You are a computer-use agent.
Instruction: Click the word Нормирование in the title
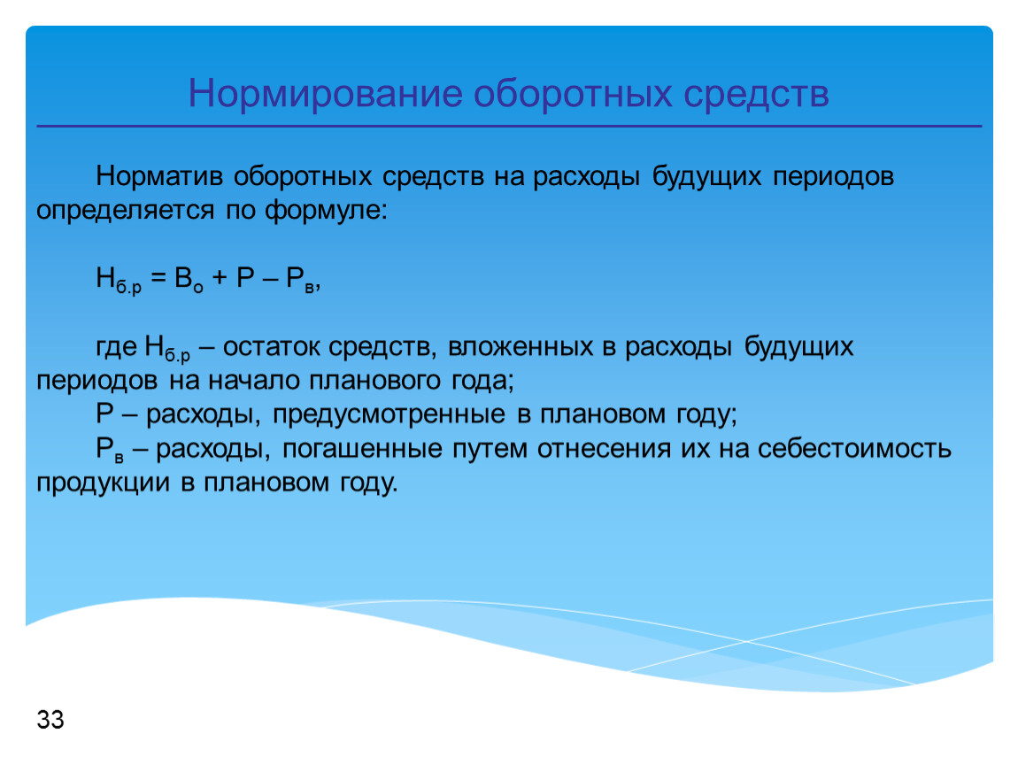(x=325, y=94)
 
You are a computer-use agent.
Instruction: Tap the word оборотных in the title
(x=572, y=94)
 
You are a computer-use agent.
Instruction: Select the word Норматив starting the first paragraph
(x=159, y=176)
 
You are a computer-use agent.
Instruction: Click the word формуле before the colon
(x=326, y=211)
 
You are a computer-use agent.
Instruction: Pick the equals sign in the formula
(x=158, y=278)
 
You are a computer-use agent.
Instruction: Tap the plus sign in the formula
(x=220, y=278)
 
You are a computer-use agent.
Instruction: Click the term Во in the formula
(x=189, y=280)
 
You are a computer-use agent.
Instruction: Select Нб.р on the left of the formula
(x=119, y=280)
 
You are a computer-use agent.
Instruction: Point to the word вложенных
(x=520, y=347)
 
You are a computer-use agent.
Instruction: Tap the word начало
(x=254, y=381)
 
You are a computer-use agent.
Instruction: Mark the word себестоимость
(x=854, y=449)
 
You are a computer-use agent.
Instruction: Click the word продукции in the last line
(x=104, y=483)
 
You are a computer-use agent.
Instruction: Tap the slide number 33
(x=50, y=720)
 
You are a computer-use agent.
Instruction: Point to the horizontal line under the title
(x=509, y=126)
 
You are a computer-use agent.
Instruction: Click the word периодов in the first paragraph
(x=834, y=176)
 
